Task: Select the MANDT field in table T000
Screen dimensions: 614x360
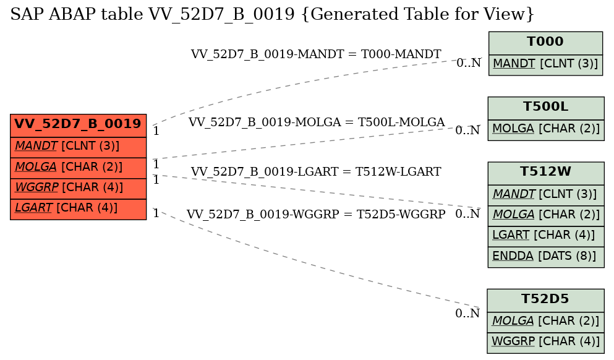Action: (x=545, y=64)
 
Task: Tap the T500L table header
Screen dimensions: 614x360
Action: (x=546, y=108)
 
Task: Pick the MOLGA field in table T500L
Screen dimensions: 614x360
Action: (x=546, y=130)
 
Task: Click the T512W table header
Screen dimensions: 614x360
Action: (x=546, y=173)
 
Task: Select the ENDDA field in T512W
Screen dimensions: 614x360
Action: (x=546, y=257)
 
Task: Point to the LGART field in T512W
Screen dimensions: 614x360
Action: (x=546, y=236)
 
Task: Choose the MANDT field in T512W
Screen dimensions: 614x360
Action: (x=546, y=195)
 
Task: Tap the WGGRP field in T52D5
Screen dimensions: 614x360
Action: (x=545, y=343)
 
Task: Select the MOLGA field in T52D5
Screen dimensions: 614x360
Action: (x=545, y=322)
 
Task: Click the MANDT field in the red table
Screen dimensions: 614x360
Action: (x=79, y=147)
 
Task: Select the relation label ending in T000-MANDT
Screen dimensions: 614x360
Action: (x=316, y=54)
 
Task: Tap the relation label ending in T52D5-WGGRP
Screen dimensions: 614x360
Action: (x=316, y=214)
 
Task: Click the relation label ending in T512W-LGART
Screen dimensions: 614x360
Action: (x=316, y=171)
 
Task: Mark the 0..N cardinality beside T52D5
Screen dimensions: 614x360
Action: (x=467, y=313)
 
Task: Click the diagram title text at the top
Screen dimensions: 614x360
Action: (x=272, y=14)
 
